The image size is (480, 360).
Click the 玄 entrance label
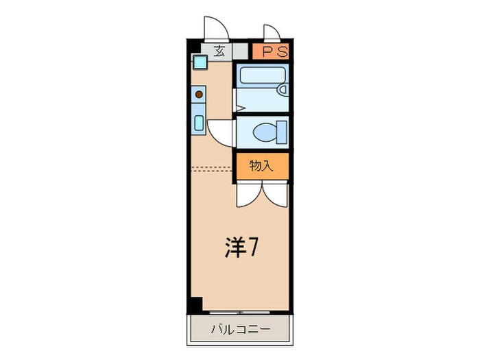pyautogui.click(x=219, y=50)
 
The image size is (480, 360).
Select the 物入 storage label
pyautogui.click(x=261, y=166)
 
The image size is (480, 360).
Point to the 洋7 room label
pyautogui.click(x=242, y=248)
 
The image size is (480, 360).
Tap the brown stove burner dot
pyautogui.click(x=199, y=94)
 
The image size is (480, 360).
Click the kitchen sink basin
pyautogui.click(x=198, y=124)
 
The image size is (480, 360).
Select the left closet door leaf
pyautogui.click(x=248, y=195)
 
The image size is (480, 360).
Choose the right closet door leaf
pyautogui.click(x=275, y=195)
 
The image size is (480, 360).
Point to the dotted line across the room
pyautogui.click(x=213, y=167)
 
